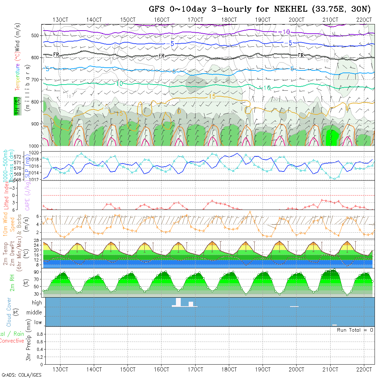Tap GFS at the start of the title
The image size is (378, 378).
pyautogui.click(x=157, y=9)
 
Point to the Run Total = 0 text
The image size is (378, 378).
pyautogui.click(x=355, y=330)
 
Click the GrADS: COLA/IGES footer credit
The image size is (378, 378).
pyautogui.click(x=21, y=375)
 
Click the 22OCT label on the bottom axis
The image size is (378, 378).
pyautogui.click(x=364, y=369)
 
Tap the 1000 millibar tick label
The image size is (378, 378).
pyautogui.click(x=35, y=146)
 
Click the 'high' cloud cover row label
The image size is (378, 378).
pyautogui.click(x=37, y=303)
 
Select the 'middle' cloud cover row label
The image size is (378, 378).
pyautogui.click(x=34, y=313)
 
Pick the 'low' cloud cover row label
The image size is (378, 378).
pyautogui.click(x=38, y=322)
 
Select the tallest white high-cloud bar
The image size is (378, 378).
pyautogui.click(x=178, y=302)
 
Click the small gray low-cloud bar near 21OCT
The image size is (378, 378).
pyautogui.click(x=334, y=325)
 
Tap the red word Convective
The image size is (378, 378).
pyautogui.click(x=12, y=341)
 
